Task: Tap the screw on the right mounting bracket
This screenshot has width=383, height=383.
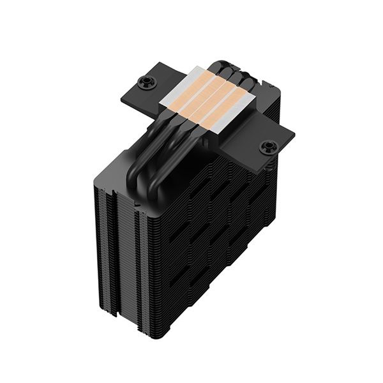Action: click(267, 148)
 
